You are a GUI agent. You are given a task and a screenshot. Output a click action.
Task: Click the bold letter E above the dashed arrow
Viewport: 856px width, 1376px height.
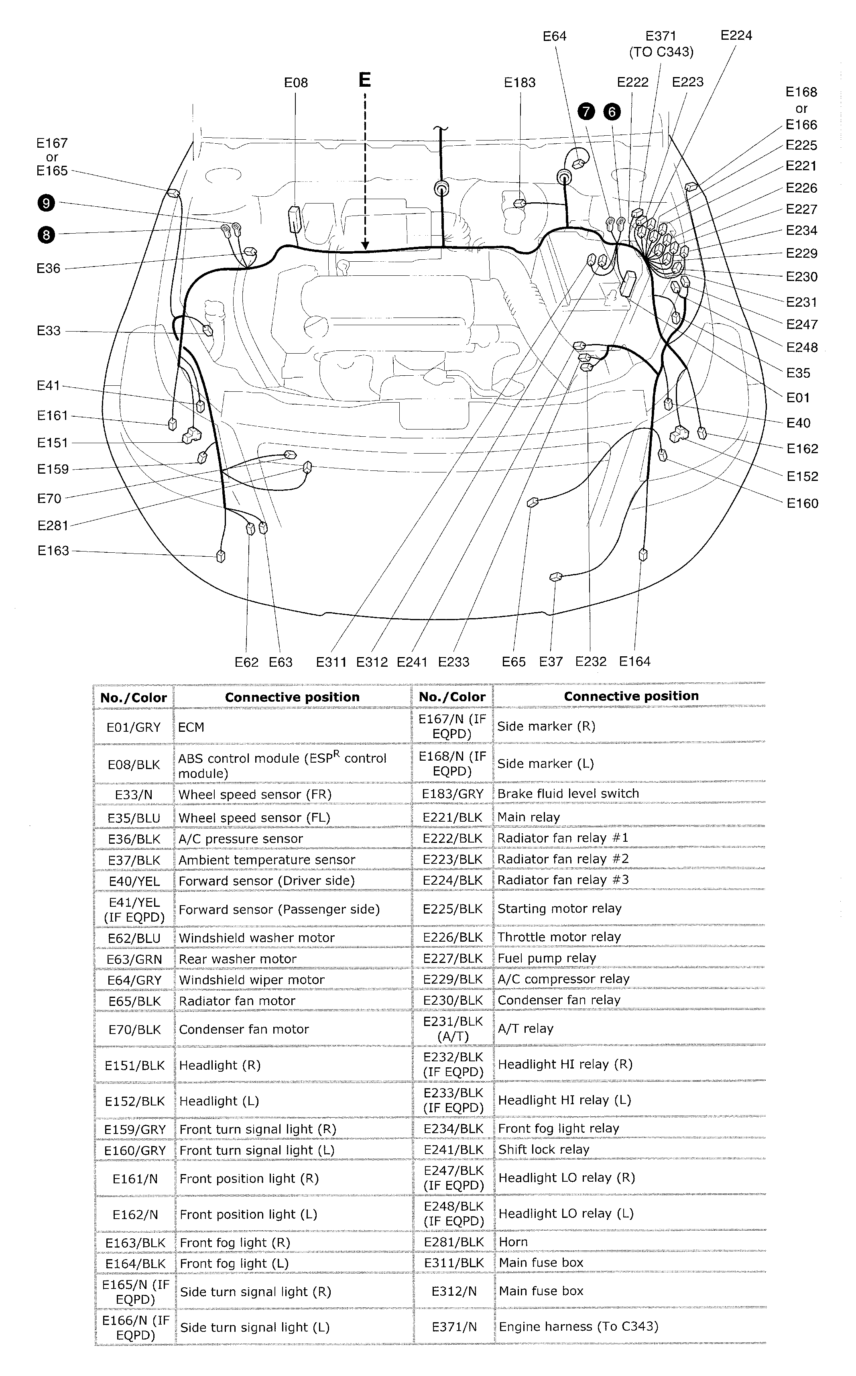364,80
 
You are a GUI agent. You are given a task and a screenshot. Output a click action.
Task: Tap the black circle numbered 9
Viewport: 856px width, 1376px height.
47,203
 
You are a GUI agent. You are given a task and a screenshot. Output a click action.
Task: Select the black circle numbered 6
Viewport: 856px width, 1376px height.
612,112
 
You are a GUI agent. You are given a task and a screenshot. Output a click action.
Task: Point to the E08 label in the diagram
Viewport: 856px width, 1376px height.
295,83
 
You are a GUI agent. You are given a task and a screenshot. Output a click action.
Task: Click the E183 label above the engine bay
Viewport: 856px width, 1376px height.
519,83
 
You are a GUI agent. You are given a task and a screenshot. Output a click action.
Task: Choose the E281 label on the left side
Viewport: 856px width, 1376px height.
53,525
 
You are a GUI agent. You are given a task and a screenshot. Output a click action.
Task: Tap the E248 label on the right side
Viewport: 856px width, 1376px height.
802,347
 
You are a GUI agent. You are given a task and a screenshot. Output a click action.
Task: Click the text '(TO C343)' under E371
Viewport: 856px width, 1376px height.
661,52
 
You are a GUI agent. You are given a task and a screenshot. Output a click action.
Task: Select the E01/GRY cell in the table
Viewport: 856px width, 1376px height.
134,727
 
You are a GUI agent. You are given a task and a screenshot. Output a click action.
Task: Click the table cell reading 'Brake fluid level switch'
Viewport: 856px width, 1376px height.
568,793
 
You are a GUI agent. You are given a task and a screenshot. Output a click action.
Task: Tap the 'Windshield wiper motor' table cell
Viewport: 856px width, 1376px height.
251,980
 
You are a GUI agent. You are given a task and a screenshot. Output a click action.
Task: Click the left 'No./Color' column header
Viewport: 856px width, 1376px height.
134,698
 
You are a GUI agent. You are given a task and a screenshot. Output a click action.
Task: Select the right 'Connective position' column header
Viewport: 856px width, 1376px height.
631,696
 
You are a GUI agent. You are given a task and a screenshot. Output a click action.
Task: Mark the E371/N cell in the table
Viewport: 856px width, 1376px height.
453,1326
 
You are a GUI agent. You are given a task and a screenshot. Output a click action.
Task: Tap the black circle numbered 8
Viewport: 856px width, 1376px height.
47,234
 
